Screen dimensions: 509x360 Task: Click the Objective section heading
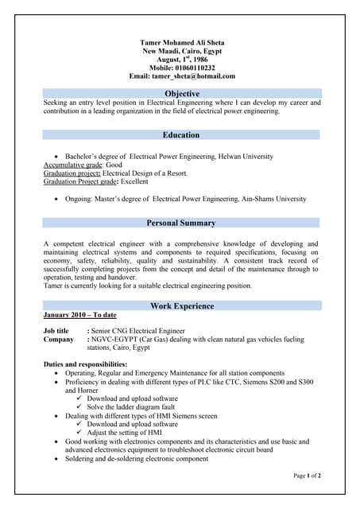click(182, 94)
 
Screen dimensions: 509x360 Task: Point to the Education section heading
click(182, 135)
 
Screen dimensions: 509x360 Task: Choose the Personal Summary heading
click(182, 223)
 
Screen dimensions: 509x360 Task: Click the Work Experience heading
click(182, 306)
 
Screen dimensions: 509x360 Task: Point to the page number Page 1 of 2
click(307, 476)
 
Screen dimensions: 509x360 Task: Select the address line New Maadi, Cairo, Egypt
click(182, 50)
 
